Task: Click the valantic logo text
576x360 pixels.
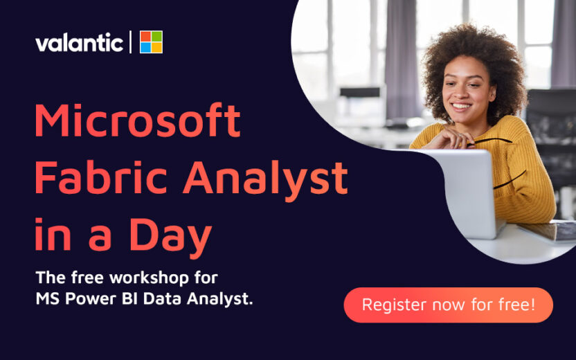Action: (79, 43)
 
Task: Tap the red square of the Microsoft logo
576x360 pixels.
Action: (145, 36)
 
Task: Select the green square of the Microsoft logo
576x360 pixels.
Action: (156, 36)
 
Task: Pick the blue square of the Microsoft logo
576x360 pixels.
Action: (145, 47)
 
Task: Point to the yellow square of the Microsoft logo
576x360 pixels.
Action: (156, 47)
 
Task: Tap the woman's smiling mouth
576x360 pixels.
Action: (460, 108)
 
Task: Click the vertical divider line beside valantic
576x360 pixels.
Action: (130, 42)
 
